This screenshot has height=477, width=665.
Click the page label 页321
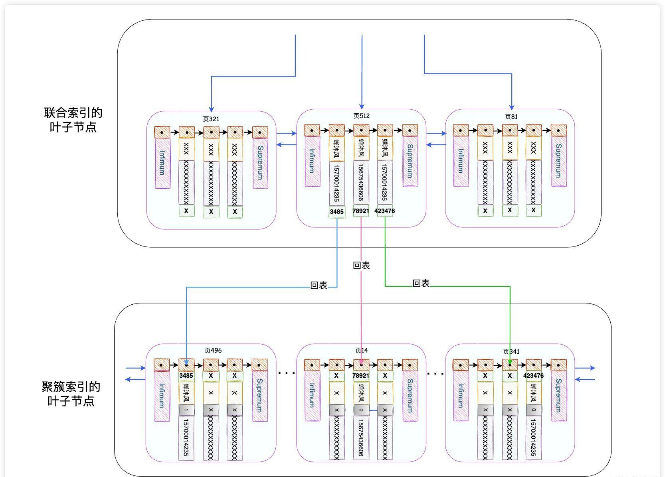click(211, 119)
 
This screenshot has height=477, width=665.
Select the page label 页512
click(361, 116)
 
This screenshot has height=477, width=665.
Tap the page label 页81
click(511, 116)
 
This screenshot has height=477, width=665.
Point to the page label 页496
click(213, 351)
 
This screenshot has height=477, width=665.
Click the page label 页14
click(361, 351)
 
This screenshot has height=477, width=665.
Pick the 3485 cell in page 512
click(336, 212)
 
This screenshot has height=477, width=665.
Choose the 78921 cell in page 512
click(361, 211)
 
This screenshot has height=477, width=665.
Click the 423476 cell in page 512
click(385, 211)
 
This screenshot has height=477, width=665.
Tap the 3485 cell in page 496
click(186, 376)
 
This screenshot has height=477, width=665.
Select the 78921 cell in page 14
click(361, 376)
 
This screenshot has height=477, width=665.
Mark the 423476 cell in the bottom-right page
click(533, 376)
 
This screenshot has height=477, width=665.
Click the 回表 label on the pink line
click(361, 266)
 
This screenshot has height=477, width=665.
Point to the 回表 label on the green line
click(421, 284)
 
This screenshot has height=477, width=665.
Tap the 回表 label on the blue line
click(319, 286)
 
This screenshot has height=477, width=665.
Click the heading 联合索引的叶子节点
click(73, 120)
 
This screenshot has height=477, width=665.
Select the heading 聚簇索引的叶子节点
click(71, 394)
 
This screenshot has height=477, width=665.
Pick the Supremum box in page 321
click(260, 163)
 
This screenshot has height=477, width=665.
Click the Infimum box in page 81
click(461, 161)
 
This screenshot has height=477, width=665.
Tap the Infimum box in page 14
click(312, 396)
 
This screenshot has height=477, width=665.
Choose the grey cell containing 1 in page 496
click(186, 410)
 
